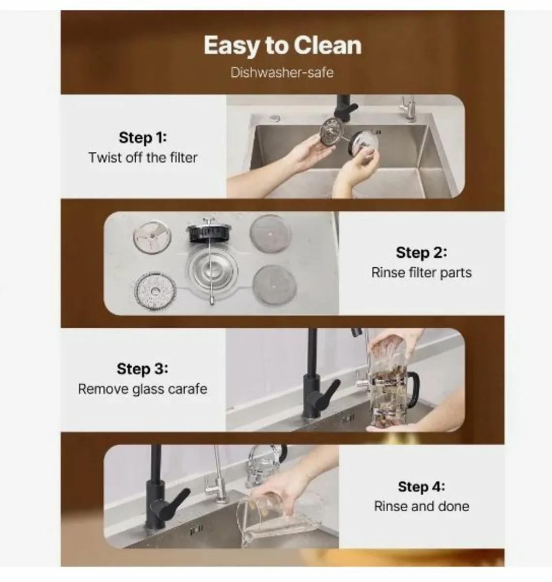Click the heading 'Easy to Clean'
(283, 46)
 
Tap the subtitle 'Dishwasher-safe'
(282, 73)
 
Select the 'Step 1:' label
(143, 138)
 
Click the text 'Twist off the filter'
(143, 158)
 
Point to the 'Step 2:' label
(422, 253)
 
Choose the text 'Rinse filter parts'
(422, 273)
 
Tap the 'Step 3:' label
(142, 369)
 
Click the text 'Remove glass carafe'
(142, 389)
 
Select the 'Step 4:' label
(422, 486)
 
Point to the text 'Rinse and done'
(422, 506)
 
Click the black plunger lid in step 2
(209, 231)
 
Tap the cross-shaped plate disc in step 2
(152, 237)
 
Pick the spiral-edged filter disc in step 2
(155, 291)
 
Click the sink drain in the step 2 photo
(213, 271)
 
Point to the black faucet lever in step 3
(325, 393)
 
